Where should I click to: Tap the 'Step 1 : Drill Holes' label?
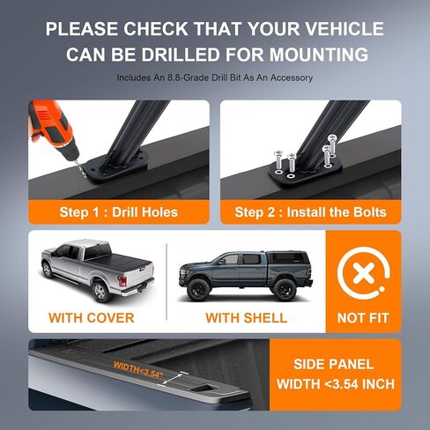click(x=120, y=211)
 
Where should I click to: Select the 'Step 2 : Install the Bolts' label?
click(x=310, y=211)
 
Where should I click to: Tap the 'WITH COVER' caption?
click(x=92, y=317)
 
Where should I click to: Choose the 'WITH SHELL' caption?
click(x=247, y=317)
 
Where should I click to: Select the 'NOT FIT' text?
click(x=363, y=317)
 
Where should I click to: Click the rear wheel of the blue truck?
click(x=284, y=287)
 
